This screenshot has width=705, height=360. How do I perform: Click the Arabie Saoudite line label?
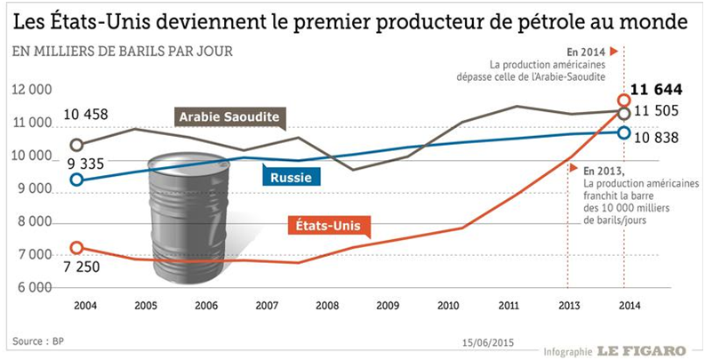tap(228, 117)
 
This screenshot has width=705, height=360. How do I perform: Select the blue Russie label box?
tap(290, 176)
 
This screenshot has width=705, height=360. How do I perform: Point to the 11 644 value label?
tap(659, 89)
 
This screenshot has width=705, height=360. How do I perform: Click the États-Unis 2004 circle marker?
tap(77, 248)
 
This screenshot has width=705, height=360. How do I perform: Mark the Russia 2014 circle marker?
tap(624, 133)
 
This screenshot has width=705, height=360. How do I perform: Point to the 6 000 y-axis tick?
tap(34, 288)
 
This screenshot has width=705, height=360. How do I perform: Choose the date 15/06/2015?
tap(487, 340)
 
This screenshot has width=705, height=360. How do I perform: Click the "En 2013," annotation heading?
tap(604, 169)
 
